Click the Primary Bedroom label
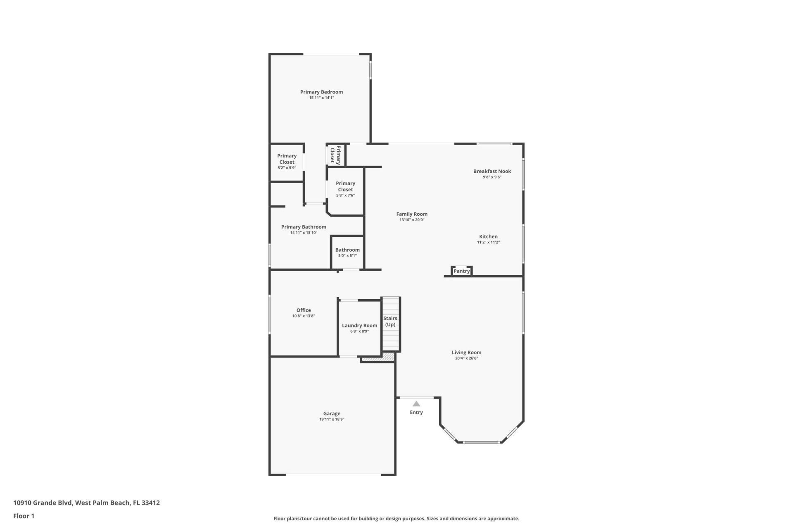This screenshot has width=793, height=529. tap(321, 92)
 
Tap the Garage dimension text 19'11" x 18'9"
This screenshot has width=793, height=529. tap(331, 419)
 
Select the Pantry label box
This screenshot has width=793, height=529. tap(461, 271)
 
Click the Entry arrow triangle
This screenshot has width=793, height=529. tap(416, 404)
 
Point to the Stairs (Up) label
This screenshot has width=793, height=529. tap(390, 321)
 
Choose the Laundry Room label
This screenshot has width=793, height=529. tap(359, 325)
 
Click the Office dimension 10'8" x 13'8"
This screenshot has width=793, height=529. tap(304, 316)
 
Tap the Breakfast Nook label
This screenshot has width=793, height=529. tap(492, 171)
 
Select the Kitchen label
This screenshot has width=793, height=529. tap(488, 236)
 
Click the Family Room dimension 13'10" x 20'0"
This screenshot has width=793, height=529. tap(412, 220)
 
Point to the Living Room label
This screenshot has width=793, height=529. tap(466, 353)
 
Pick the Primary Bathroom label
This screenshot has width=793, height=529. tap(304, 227)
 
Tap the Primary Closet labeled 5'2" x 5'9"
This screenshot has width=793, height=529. tap(287, 159)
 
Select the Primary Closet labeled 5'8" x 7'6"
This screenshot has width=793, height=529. tap(345, 186)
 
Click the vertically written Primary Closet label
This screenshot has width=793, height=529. tap(335, 155)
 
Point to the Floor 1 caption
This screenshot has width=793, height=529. tap(24, 516)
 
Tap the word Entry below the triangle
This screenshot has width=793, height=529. tap(416, 412)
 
